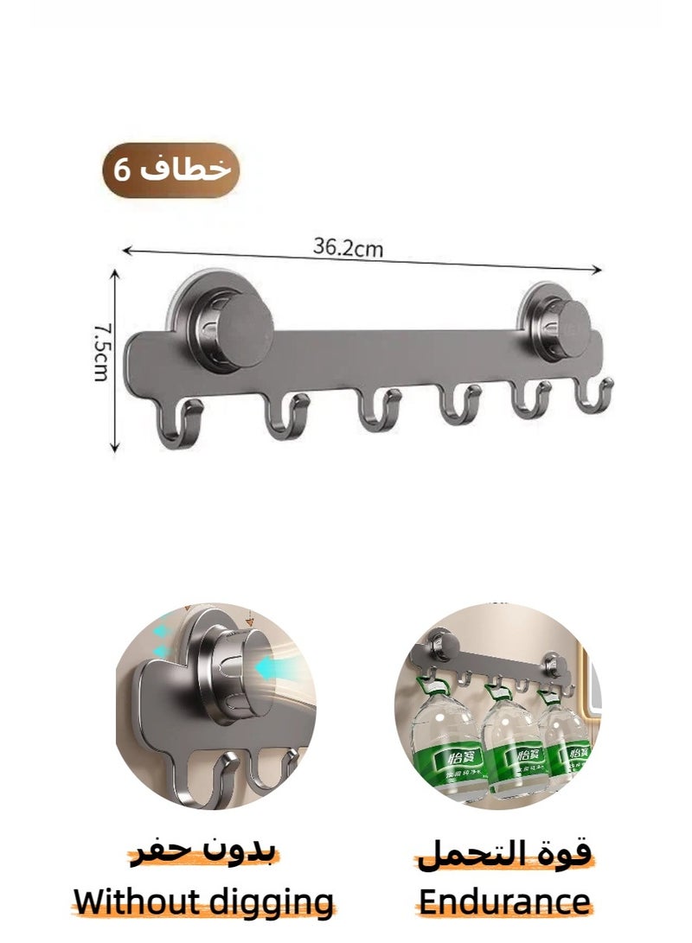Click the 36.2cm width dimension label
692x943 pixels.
pos(348,248)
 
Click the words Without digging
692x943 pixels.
pos(204,902)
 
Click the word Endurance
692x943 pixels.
pos(503,902)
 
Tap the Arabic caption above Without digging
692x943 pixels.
pos(204,853)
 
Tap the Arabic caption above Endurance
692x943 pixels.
pos(504,853)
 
